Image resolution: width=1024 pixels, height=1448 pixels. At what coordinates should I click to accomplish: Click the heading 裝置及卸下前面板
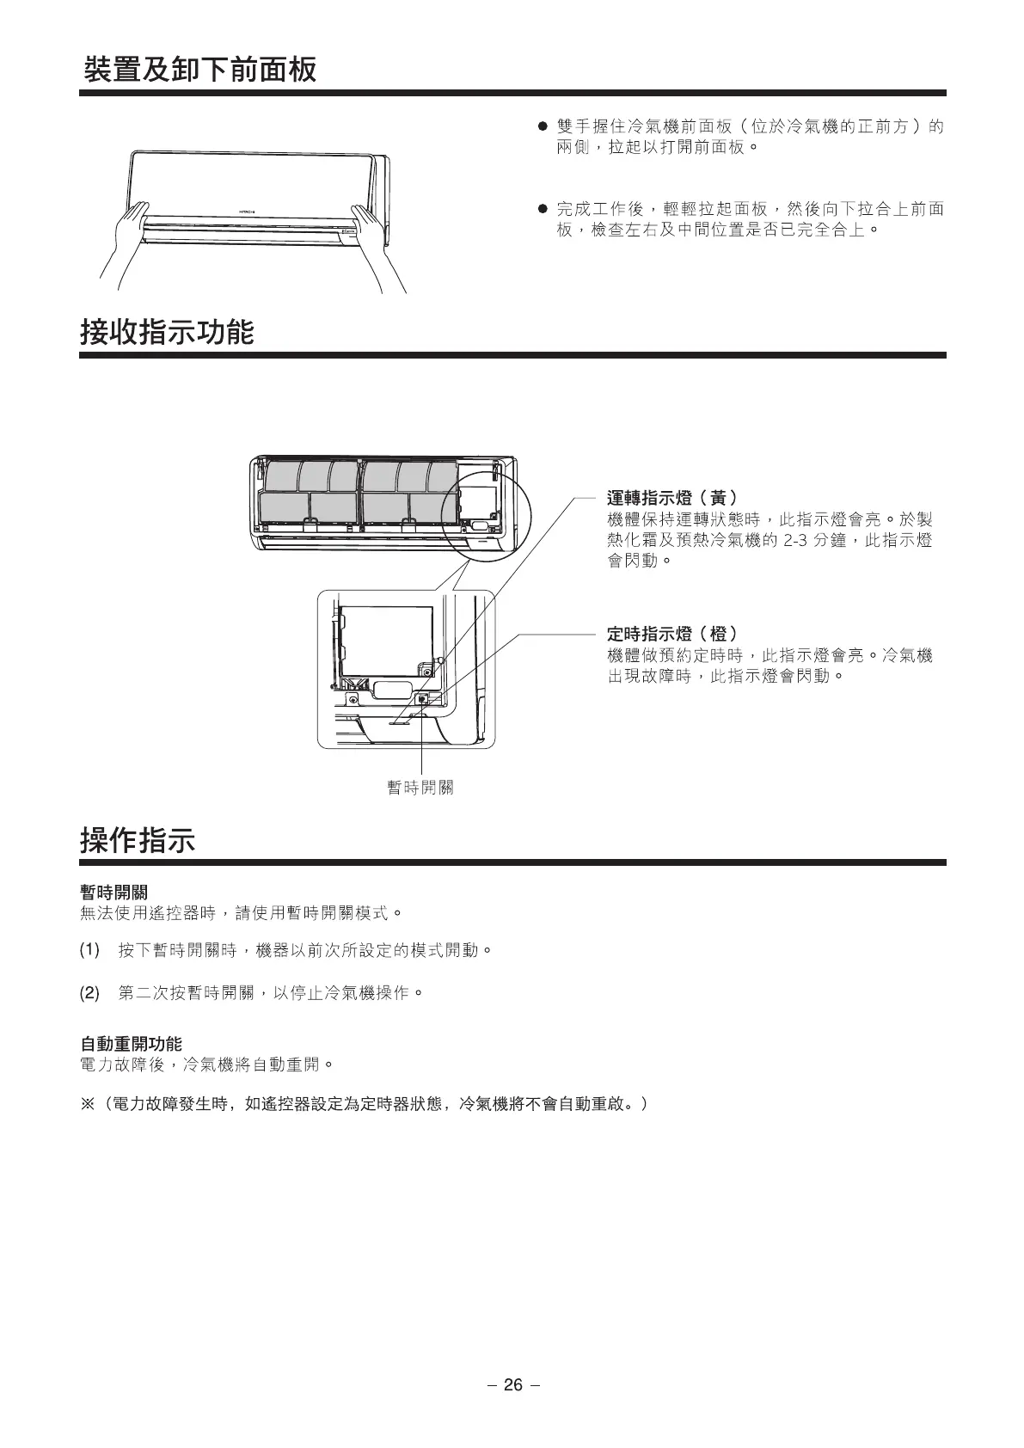[x=199, y=70]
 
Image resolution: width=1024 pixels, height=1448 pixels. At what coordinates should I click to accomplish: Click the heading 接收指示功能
[x=167, y=332]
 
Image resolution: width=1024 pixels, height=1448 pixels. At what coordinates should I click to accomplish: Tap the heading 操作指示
[x=138, y=839]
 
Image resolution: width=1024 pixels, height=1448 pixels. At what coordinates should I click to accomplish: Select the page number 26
[x=512, y=1384]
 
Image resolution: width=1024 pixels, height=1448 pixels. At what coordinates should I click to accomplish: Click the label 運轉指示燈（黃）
[x=671, y=498]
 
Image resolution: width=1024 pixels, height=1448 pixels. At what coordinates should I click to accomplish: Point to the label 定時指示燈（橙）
[x=671, y=635]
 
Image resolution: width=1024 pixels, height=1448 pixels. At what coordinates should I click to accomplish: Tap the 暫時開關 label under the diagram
[x=420, y=788]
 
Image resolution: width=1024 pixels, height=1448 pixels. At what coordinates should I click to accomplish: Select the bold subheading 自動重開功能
[x=131, y=1044]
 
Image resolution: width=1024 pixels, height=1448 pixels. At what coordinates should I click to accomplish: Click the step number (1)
[x=89, y=950]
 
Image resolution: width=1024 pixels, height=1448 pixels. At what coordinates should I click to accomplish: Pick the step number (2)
[x=89, y=993]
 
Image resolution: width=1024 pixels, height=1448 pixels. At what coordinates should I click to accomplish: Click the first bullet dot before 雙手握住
[x=543, y=127]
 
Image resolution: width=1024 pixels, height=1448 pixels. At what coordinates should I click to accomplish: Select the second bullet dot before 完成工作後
[x=543, y=209]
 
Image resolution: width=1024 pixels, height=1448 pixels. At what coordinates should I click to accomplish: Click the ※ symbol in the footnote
[x=87, y=1103]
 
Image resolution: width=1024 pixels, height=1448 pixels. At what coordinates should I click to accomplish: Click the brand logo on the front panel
[x=248, y=212]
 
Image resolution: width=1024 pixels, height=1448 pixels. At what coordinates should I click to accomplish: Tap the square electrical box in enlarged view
[x=386, y=641]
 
